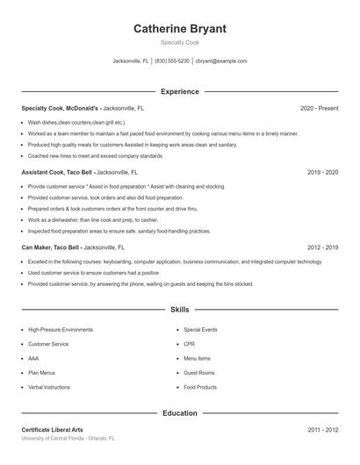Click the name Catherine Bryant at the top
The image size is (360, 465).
coord(179,29)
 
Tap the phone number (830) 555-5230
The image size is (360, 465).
coord(173,61)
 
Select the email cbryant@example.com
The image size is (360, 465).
coord(221,61)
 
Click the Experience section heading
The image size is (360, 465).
coord(179,91)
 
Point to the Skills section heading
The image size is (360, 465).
coord(179,310)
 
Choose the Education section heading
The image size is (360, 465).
coord(179,412)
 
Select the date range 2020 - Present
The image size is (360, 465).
coord(319,108)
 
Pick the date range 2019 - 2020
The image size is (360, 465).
coord(322,173)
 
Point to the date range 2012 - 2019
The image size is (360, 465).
coord(322,248)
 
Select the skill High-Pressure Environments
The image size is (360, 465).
coord(60,330)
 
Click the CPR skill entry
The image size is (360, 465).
coord(189,344)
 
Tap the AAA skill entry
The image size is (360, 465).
coord(33,358)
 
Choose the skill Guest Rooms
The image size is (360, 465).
coord(199,372)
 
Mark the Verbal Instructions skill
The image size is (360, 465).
coord(49,386)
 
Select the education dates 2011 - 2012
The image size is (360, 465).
coord(322,430)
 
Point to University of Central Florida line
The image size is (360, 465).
coord(68,438)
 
